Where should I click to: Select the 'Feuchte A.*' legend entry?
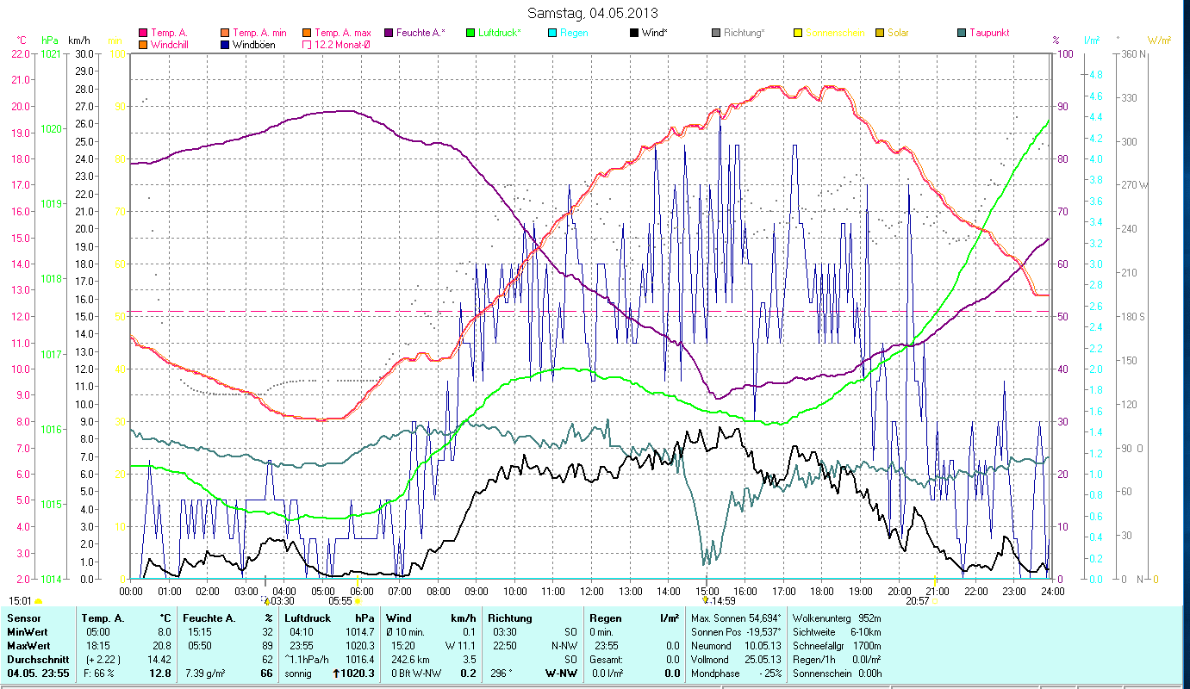tap(421, 33)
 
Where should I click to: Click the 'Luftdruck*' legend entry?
tap(499, 33)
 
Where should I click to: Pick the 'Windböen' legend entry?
tap(253, 45)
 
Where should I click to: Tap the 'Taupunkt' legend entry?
tap(988, 33)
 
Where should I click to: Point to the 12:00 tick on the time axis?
tap(592, 591)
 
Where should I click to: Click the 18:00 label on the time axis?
tap(822, 591)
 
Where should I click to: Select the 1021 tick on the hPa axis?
tap(51, 53)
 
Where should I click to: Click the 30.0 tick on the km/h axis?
tap(84, 53)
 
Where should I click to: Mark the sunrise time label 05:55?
tap(340, 601)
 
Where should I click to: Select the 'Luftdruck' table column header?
tap(306, 618)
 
